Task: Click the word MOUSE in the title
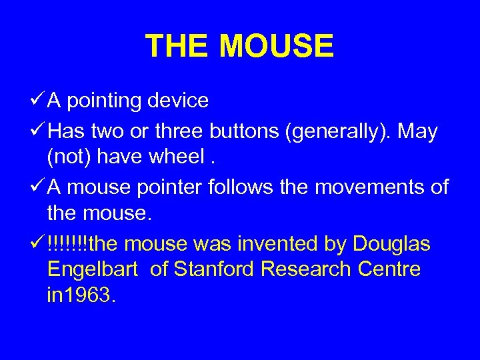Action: click(276, 46)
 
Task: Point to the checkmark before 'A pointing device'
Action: click(38, 101)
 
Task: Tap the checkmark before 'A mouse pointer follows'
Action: click(38, 188)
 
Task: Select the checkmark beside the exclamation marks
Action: click(38, 245)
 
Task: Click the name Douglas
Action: click(392, 245)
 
